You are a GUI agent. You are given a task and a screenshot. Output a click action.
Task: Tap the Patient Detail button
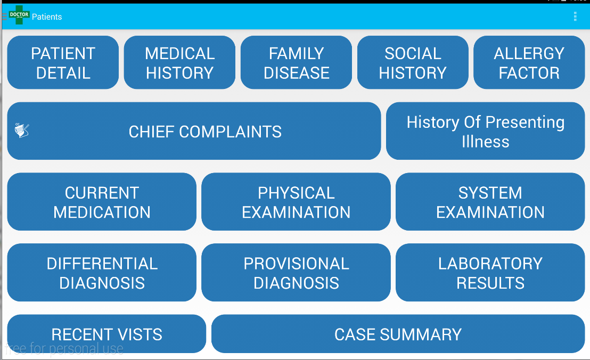(63, 63)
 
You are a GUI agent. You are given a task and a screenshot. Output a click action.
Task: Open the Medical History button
(179, 63)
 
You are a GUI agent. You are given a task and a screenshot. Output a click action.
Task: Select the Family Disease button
(296, 63)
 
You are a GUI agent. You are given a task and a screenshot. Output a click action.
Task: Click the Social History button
(413, 63)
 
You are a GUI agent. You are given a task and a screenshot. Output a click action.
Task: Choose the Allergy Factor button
(529, 63)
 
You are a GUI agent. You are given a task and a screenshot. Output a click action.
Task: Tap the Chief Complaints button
(205, 132)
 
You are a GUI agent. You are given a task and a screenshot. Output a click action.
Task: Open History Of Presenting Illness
(485, 132)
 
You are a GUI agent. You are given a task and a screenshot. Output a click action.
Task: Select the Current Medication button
(102, 202)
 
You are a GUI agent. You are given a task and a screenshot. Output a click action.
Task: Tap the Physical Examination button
(296, 202)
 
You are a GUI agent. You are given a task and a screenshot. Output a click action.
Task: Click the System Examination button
(490, 202)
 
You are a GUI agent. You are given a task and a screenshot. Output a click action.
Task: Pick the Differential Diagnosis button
(102, 273)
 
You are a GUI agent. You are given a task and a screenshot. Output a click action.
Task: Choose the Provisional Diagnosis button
(296, 273)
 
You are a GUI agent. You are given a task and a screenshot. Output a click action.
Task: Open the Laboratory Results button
(490, 273)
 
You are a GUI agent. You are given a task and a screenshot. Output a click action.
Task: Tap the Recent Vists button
(106, 334)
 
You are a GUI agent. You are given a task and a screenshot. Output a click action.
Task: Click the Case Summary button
(398, 334)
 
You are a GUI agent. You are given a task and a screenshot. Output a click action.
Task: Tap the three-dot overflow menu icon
(575, 17)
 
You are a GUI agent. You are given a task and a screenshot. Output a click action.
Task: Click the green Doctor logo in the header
(19, 15)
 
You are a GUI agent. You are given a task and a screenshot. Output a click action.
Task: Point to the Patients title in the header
(47, 17)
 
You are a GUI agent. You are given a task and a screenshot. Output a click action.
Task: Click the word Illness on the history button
(485, 142)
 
